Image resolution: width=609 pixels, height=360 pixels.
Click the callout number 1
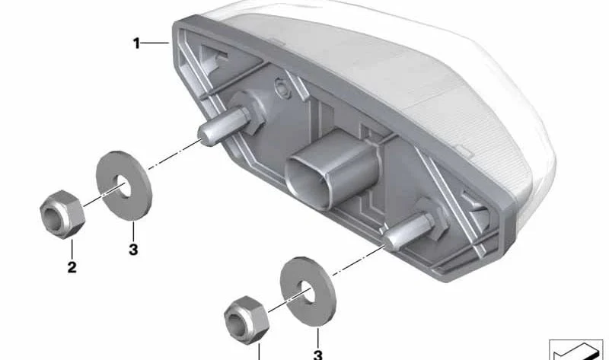click(136, 43)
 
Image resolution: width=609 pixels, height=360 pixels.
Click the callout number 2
click(72, 267)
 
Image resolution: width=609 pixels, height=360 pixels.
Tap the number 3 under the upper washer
click(133, 250)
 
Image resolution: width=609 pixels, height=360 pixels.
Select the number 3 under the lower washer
click(317, 355)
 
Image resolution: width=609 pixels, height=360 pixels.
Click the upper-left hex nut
click(62, 214)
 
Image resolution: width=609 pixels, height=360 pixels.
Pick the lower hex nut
click(247, 319)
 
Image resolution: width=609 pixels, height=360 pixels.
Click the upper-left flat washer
click(124, 186)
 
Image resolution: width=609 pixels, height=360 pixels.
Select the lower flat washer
click(308, 292)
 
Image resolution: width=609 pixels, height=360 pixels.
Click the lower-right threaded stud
click(410, 232)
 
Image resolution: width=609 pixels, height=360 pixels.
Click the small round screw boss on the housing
click(280, 84)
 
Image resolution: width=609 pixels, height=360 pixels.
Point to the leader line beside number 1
click(155, 43)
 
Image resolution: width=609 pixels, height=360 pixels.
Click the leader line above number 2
click(72, 250)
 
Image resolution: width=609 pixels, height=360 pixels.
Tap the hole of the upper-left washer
click(124, 185)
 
